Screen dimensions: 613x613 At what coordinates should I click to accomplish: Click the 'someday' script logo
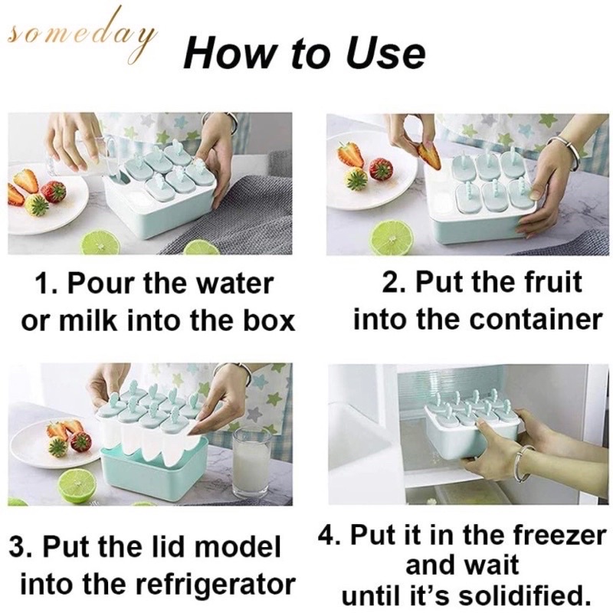click(82, 39)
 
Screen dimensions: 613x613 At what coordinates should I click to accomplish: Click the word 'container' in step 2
click(536, 320)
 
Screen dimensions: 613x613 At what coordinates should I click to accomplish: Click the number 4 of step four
click(326, 536)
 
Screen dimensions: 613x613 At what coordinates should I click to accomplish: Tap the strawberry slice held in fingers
click(429, 156)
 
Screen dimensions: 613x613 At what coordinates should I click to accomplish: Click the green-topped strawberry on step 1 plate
click(36, 206)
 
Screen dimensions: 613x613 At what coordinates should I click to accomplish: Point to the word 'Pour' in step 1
click(103, 284)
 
